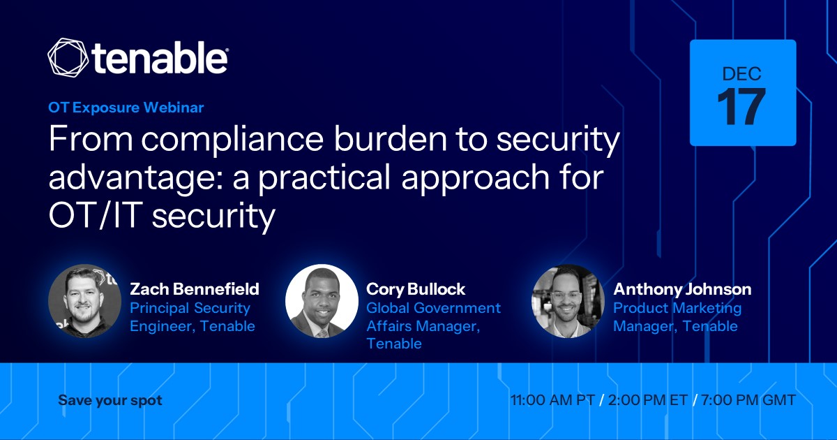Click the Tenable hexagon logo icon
point(68,57)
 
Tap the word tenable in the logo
point(160,58)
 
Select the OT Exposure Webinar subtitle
point(126,108)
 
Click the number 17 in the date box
point(741,107)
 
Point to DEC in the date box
point(741,74)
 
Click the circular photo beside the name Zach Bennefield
point(85,301)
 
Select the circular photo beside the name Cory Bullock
point(322,301)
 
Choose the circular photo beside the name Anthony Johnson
point(568,301)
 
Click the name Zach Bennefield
point(195,289)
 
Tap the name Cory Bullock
point(416,289)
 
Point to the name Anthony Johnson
point(682,289)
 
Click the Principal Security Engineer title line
point(190,309)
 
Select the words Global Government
point(433,308)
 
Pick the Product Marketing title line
point(677,309)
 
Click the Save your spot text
point(110,400)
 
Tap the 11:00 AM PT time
point(552,400)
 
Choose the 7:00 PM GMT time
point(748,400)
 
